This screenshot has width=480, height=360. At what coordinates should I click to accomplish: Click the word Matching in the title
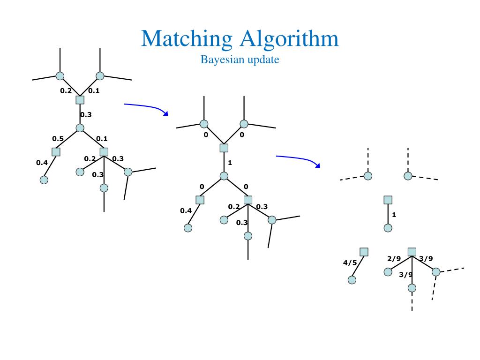coord(187,39)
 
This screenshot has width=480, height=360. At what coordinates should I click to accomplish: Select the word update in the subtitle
coord(264,60)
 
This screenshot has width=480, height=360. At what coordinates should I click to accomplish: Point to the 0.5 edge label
coord(58,138)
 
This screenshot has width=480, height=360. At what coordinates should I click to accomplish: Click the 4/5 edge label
coord(350,263)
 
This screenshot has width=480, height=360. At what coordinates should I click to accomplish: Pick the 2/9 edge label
coord(394,258)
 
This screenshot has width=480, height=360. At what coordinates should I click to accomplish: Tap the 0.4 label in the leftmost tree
coord(42,163)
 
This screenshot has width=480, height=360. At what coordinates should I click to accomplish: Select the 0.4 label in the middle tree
coord(186,210)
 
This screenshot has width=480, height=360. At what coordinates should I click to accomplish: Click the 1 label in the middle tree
coord(230,163)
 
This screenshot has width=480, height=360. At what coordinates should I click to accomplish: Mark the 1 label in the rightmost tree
coord(394,215)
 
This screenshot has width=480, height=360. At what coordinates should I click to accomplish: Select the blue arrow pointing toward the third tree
coord(298,160)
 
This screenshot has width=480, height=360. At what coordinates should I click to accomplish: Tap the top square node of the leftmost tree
coord(80,100)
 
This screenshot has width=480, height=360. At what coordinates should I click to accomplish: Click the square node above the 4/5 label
coord(364,252)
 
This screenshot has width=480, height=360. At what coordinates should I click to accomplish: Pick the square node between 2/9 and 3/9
coord(412,252)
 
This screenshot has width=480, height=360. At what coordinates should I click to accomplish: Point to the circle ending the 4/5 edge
coord(352,280)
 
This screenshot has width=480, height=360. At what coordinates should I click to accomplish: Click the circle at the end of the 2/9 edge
coord(388,272)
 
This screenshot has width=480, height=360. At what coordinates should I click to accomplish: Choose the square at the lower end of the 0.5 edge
coord(56,152)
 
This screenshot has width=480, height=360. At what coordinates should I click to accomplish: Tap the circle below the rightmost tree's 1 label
coord(388,228)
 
